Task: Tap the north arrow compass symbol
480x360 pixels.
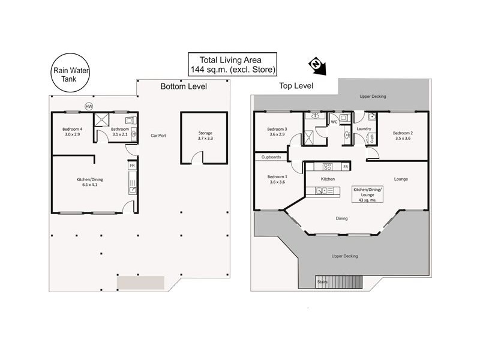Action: pos(316,66)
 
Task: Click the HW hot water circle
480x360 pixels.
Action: pos(89,107)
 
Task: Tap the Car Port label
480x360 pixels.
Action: pos(158,136)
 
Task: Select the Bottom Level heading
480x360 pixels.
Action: pos(183,86)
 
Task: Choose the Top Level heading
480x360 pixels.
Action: pos(296,86)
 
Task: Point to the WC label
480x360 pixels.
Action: pos(334,122)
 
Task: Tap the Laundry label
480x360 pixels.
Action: pos(364,128)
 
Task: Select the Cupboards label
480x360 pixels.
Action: pos(271,157)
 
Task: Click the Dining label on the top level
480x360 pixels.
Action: pos(341,218)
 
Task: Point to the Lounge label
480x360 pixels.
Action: pos(401,179)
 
